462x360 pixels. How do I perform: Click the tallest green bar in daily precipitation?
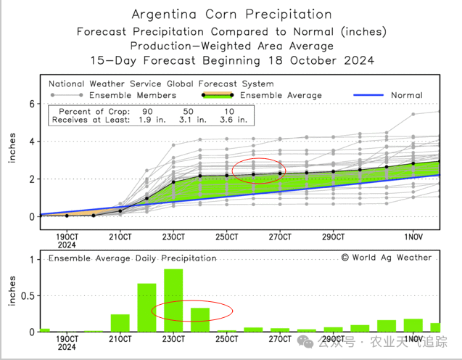173,300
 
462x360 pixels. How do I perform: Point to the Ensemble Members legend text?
127,95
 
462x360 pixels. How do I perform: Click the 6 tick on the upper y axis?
32,104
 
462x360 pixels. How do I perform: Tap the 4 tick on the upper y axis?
32,142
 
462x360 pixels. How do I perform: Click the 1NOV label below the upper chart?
413,237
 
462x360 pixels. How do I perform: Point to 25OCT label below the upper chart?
226,237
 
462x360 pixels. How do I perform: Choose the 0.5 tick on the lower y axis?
28,295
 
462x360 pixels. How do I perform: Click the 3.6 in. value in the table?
231,120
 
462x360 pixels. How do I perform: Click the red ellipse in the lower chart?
191,311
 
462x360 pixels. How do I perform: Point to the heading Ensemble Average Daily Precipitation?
133,258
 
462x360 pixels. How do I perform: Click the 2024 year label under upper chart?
67,245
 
